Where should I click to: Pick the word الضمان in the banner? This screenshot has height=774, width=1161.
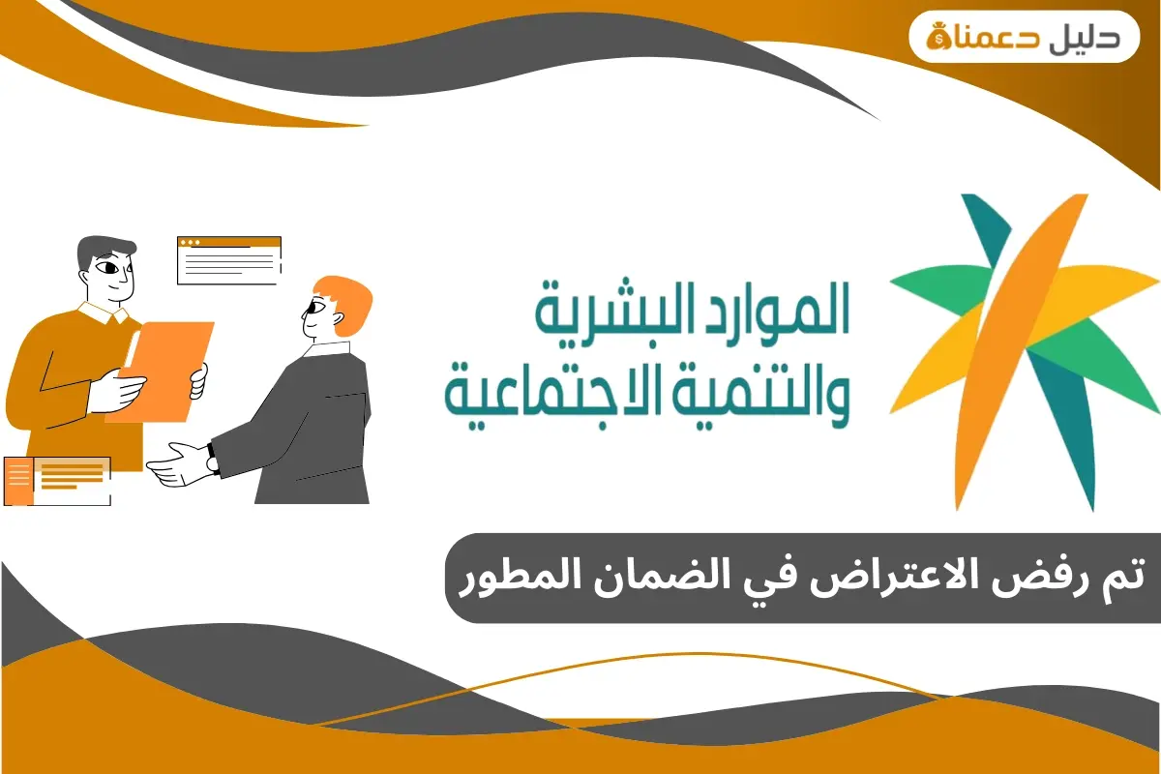click(x=670, y=578)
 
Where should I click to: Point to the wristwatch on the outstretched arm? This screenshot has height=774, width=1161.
click(x=213, y=463)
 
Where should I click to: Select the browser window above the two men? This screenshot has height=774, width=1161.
click(x=229, y=259)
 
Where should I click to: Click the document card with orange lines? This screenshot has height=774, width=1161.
click(x=58, y=481)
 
